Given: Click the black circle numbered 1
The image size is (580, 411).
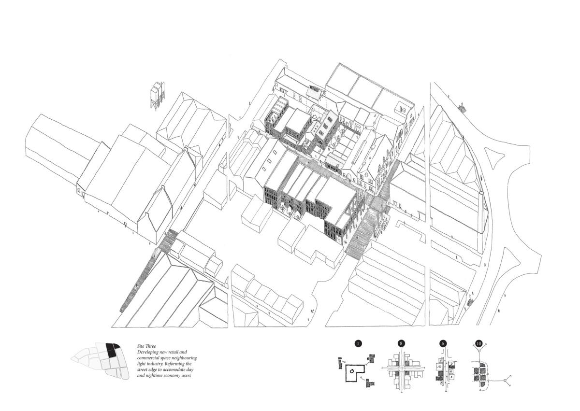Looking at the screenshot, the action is [x=358, y=344].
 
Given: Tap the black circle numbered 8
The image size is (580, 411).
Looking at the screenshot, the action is [x=401, y=344].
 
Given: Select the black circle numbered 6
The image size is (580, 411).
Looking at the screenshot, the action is [x=443, y=344].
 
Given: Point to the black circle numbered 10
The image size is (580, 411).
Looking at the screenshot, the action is [x=479, y=344].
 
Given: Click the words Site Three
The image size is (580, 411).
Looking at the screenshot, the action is [x=146, y=346].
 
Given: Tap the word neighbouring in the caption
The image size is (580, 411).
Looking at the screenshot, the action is [x=184, y=358].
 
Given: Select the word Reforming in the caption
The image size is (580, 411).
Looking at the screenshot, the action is [x=175, y=364].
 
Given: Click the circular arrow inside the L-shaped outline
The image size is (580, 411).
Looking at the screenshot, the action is [x=351, y=371].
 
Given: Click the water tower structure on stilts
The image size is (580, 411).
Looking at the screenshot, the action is [x=157, y=96].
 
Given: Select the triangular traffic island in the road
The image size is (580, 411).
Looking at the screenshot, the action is [x=494, y=155].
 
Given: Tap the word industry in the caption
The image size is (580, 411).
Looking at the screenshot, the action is [x=155, y=364].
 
